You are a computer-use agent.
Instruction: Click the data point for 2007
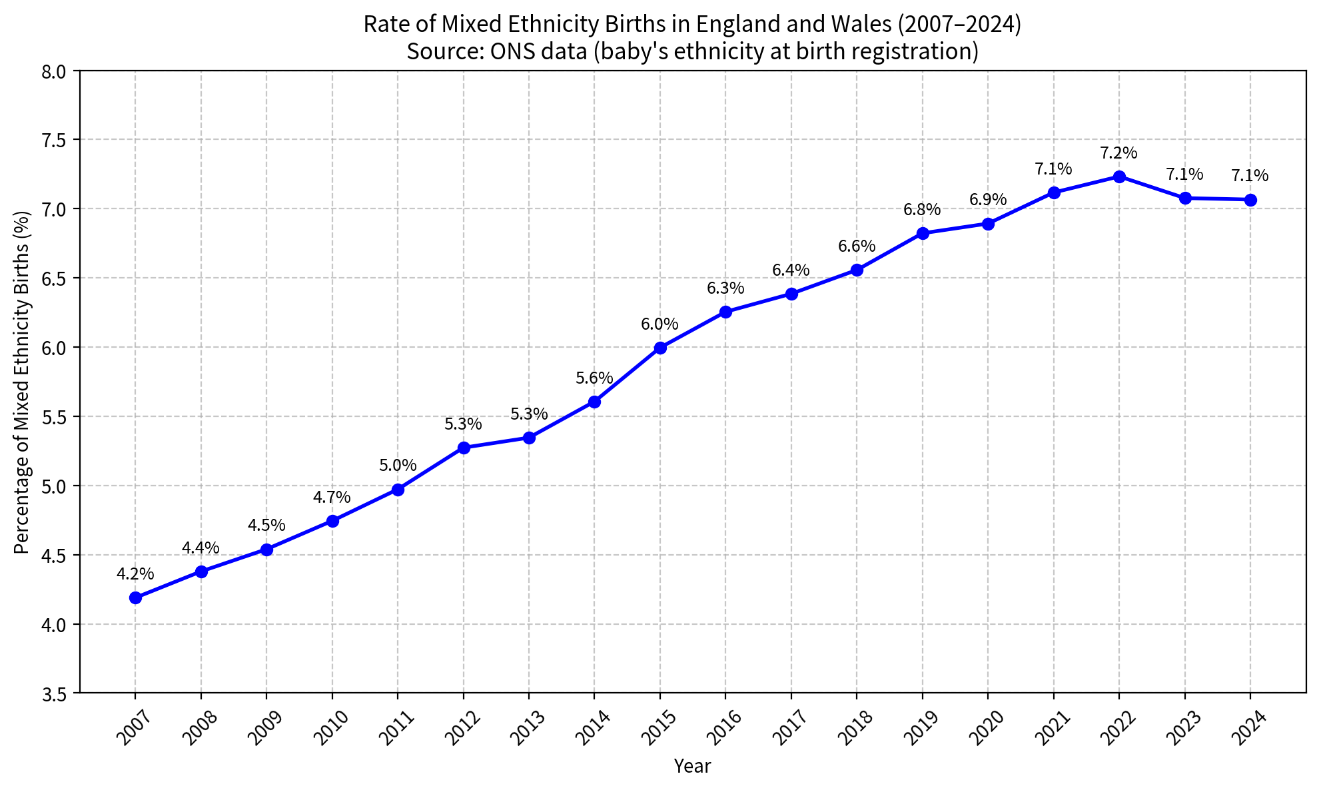click(135, 597)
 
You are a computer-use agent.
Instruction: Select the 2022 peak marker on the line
click(1119, 177)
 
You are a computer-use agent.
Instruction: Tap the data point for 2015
click(660, 348)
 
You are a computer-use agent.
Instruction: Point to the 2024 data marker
click(1250, 200)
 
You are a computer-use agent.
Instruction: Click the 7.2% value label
click(1119, 153)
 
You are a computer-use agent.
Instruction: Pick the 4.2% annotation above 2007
click(135, 574)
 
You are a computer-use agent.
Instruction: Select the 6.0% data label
click(660, 324)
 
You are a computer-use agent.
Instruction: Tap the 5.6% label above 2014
click(594, 378)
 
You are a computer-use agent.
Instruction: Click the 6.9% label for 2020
click(988, 200)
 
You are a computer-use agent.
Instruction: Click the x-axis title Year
click(692, 767)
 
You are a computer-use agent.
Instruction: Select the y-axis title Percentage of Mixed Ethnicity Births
click(22, 382)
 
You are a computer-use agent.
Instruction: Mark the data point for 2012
click(464, 448)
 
